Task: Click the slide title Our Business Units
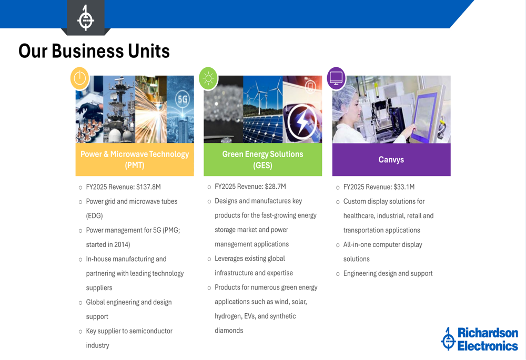[94, 51]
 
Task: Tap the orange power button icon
[79, 78]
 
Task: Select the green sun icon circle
[208, 78]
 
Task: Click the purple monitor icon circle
[336, 78]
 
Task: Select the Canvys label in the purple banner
[391, 160]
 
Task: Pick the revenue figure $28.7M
[275, 187]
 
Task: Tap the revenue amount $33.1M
[404, 187]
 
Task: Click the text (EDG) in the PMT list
[94, 215]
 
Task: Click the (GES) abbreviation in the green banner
[262, 165]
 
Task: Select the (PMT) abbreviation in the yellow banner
[135, 165]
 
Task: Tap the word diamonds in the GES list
[229, 331]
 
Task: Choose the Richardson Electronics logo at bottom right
[480, 339]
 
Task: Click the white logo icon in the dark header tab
[86, 18]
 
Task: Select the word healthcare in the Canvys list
[359, 216]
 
